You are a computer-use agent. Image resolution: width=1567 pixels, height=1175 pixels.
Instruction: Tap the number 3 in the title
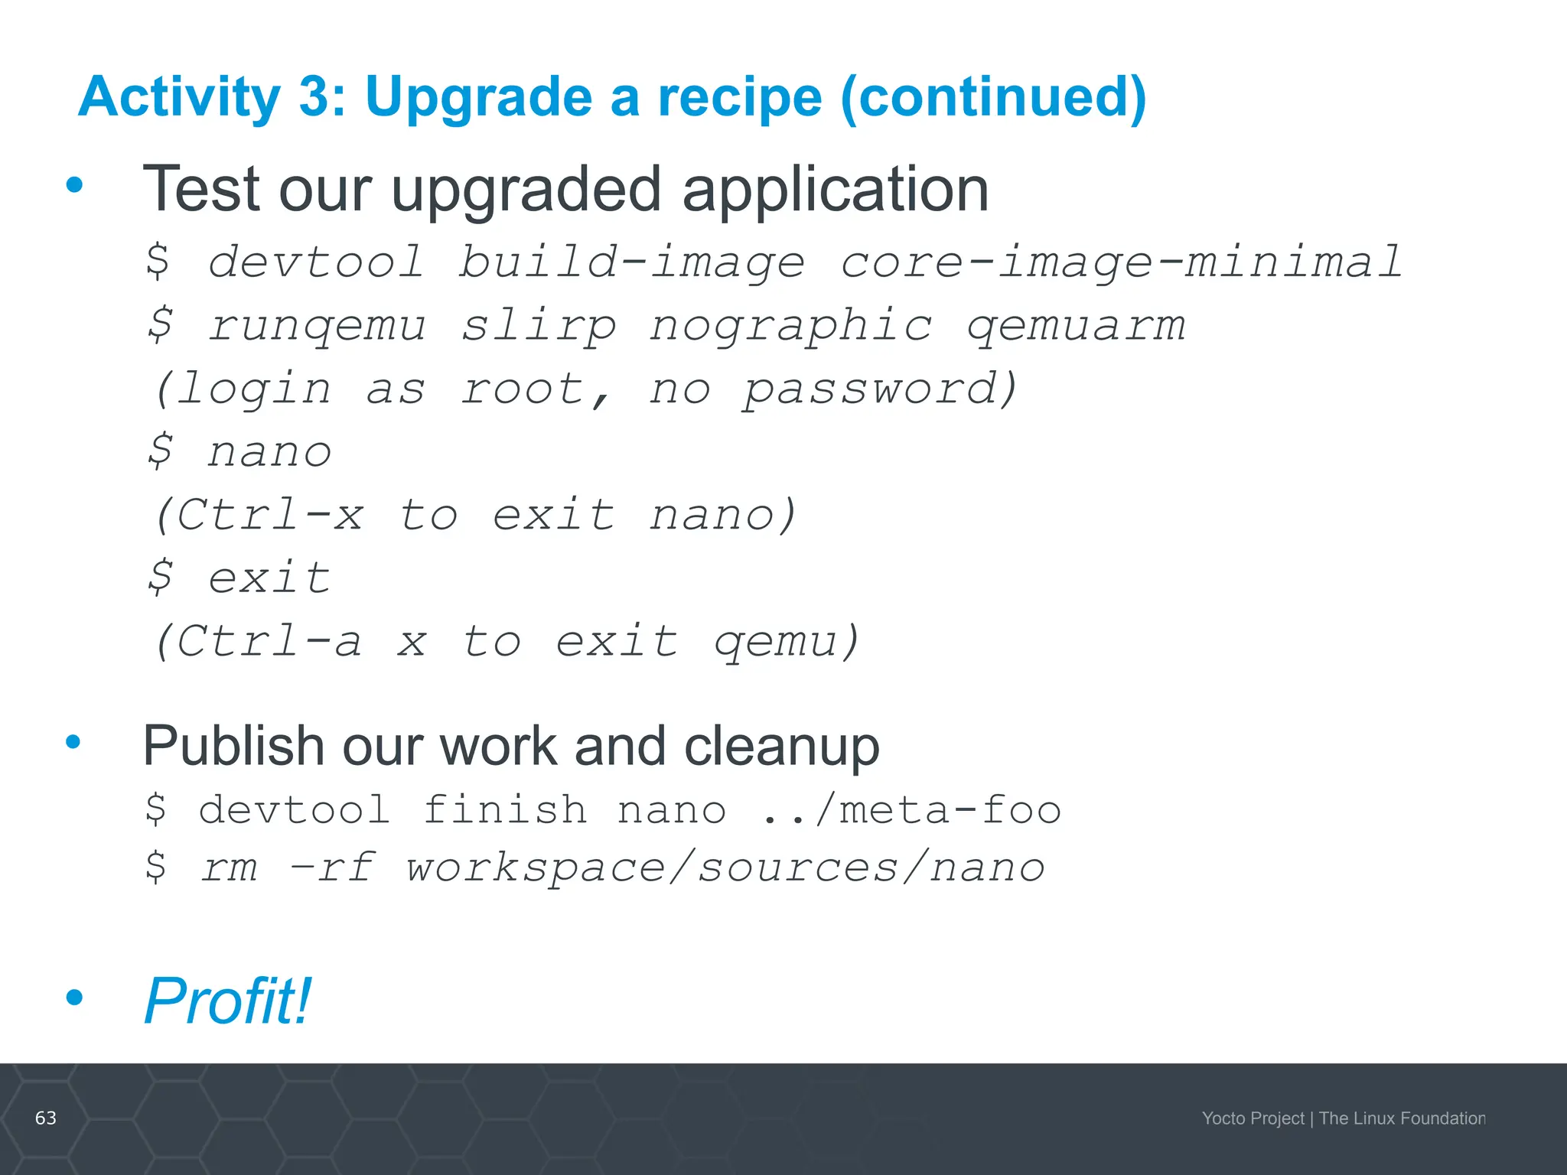[315, 97]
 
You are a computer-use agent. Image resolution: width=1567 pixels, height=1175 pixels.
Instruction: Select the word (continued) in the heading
[992, 97]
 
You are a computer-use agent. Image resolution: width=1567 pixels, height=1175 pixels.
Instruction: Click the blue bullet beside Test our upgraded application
[74, 184]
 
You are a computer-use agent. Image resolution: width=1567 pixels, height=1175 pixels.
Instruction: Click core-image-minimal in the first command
[1121, 262]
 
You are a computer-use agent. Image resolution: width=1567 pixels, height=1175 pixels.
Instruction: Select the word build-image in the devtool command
[631, 262]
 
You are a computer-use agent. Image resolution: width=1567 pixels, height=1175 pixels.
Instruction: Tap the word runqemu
[316, 325]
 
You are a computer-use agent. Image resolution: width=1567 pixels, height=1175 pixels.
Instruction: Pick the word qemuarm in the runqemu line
[1075, 325]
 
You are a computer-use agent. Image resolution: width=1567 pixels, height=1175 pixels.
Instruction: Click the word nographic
[791, 325]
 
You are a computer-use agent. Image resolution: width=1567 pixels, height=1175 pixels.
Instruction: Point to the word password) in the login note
[881, 389]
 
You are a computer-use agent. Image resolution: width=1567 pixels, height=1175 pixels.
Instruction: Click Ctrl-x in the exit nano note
[260, 514]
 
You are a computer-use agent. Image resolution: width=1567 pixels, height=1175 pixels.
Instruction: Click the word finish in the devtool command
[505, 809]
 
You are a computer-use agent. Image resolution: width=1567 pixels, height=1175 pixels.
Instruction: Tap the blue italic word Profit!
[227, 1001]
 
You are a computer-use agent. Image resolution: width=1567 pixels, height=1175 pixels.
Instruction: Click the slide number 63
[46, 1118]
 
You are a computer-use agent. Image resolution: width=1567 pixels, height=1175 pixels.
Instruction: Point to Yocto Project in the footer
[1253, 1118]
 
